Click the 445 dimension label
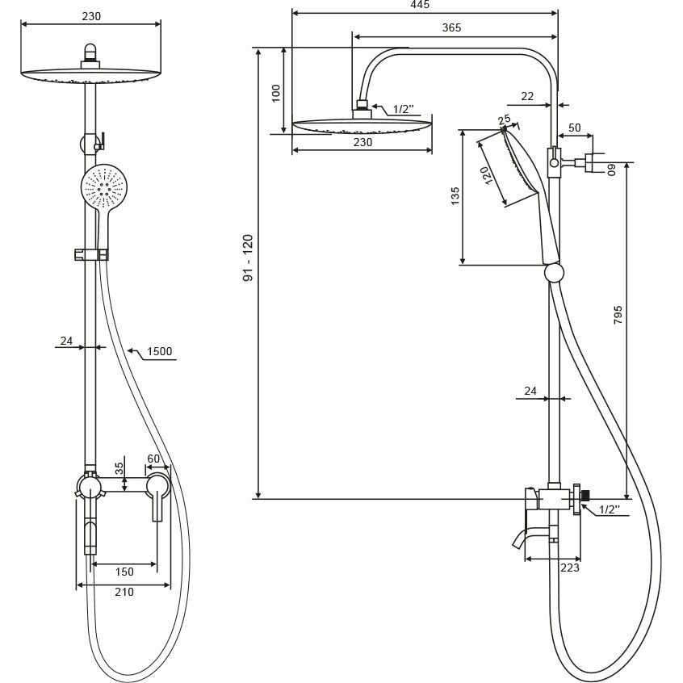[420, 4]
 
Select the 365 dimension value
[451, 27]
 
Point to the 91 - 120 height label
[248, 258]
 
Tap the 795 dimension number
[618, 315]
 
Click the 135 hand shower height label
[455, 196]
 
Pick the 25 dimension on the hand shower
[504, 119]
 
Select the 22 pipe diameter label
[527, 96]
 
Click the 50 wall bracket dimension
[575, 128]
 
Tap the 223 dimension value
[570, 568]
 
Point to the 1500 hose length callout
[159, 351]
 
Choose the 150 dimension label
[124, 572]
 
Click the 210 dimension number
[124, 592]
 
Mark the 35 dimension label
[119, 468]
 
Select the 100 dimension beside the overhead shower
[276, 93]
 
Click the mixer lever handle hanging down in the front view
[157, 507]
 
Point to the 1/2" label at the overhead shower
[404, 108]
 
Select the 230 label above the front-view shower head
[91, 16]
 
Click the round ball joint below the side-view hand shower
[554, 273]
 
